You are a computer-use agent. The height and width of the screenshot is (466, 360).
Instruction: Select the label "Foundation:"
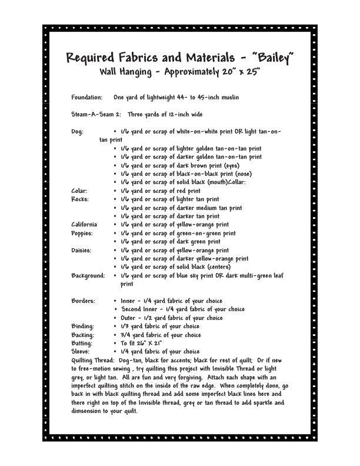pyautogui.click(x=86, y=96)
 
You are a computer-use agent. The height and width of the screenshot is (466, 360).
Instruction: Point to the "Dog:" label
pyautogui.click(x=77, y=132)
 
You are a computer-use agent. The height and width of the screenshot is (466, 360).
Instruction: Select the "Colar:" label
pyautogui.click(x=79, y=191)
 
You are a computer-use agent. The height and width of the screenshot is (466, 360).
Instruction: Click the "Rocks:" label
pyautogui.click(x=80, y=199)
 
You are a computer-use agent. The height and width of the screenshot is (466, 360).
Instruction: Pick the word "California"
pyautogui.click(x=84, y=225)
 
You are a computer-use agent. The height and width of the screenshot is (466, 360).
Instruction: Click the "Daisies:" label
pyautogui.click(x=82, y=250)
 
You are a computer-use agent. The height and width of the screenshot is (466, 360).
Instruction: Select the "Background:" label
pyautogui.click(x=88, y=275)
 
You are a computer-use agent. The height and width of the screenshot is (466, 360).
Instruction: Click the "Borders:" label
pyautogui.click(x=83, y=301)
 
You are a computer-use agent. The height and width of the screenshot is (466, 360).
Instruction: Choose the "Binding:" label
pyautogui.click(x=82, y=326)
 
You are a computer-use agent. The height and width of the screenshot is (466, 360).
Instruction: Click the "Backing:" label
pyautogui.click(x=82, y=335)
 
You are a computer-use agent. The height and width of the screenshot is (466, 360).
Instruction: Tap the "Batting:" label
pyautogui.click(x=82, y=343)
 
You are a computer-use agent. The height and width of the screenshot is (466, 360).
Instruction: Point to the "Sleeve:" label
pyautogui.click(x=81, y=351)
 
